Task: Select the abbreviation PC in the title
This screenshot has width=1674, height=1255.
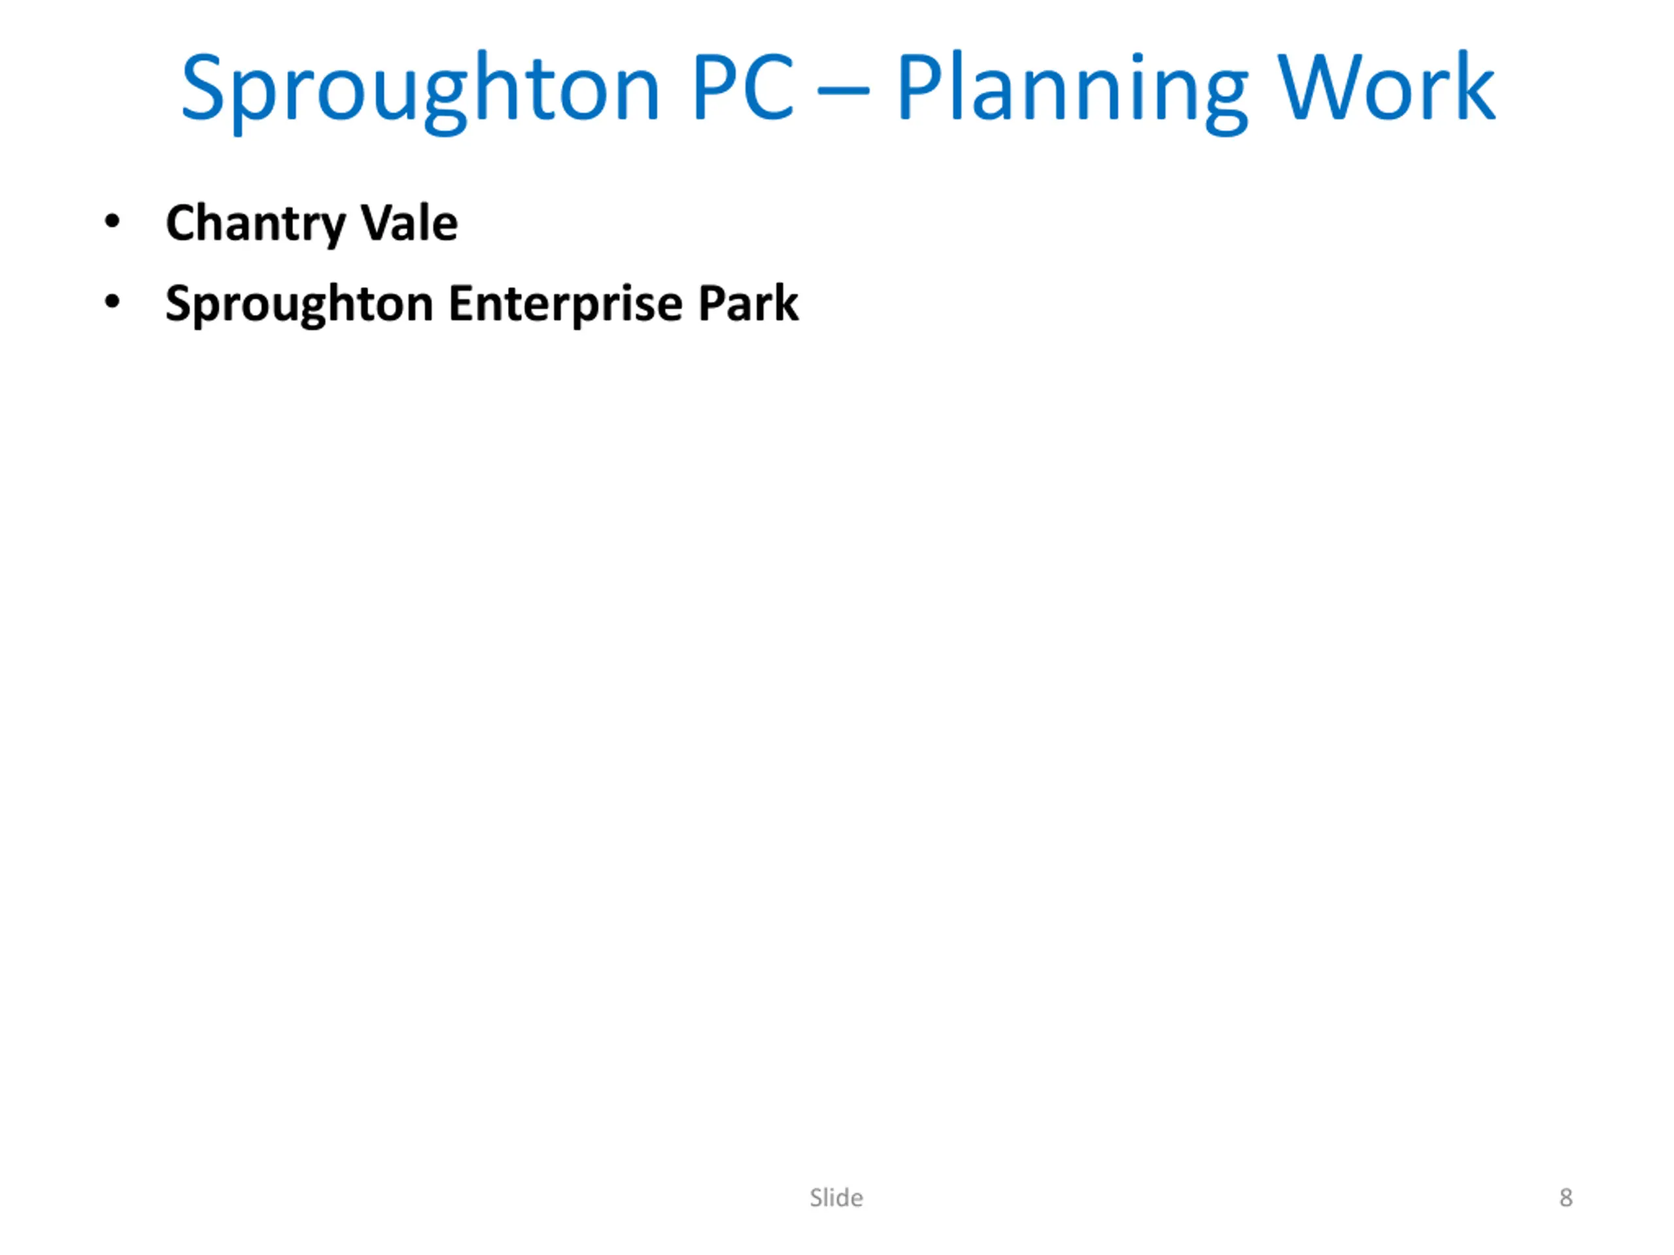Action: [x=743, y=87]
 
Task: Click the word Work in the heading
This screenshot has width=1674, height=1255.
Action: [x=1386, y=87]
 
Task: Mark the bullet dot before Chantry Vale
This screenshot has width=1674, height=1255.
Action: [x=112, y=222]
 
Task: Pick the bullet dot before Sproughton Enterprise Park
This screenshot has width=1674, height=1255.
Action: [x=112, y=302]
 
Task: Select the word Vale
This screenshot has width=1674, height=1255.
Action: [x=409, y=222]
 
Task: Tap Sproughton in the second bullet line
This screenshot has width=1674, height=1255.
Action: [x=299, y=305]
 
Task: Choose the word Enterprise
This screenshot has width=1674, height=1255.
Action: [x=566, y=305]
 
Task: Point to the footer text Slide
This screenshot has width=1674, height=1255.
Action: [x=836, y=1197]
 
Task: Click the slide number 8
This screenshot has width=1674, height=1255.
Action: [x=1566, y=1197]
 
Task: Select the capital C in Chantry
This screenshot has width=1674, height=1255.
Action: [x=182, y=223]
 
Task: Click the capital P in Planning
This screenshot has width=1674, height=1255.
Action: [x=919, y=87]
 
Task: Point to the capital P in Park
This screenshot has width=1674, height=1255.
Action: [x=712, y=303]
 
